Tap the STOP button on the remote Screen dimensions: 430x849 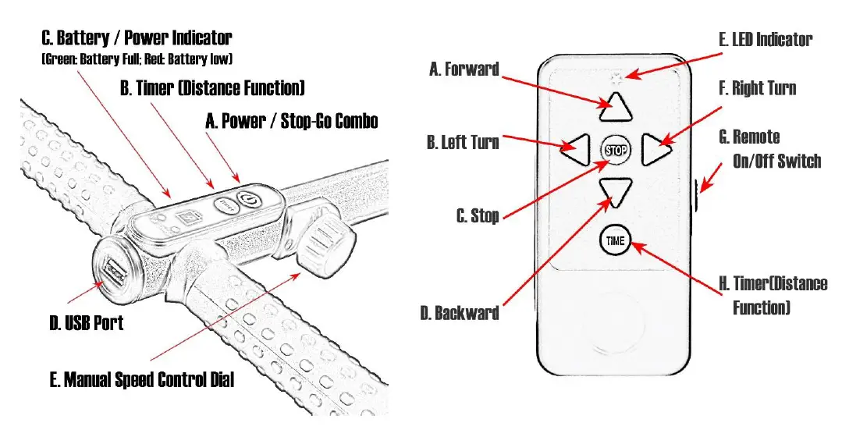616,150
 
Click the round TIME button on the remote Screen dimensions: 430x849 616,240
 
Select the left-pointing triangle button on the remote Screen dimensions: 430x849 575,149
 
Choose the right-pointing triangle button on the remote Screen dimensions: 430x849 655,149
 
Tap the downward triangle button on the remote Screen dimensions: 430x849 615,191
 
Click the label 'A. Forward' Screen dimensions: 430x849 464,69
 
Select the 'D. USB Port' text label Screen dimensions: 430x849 86,322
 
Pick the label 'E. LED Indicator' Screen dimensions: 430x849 765,39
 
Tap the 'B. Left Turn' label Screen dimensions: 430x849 463,142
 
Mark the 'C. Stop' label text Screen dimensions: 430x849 478,216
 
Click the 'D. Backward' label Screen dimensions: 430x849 459,313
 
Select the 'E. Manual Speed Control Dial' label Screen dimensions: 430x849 141,380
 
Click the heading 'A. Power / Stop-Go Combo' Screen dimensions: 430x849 291,121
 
